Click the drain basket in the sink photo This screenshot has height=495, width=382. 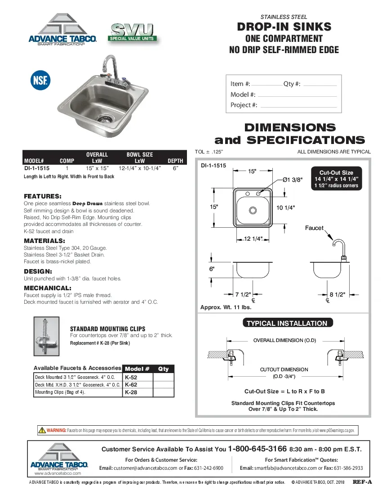(105, 118)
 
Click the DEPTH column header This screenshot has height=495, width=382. (175, 161)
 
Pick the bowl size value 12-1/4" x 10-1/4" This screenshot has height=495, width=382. (140, 168)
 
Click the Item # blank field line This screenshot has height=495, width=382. (267, 85)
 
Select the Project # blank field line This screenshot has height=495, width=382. (298, 107)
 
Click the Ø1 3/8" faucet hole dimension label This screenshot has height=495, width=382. (293, 180)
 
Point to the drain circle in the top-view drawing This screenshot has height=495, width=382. (253, 210)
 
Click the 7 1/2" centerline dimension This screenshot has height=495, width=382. (243, 295)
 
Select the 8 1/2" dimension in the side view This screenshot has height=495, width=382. (337, 295)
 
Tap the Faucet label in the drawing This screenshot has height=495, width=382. (314, 228)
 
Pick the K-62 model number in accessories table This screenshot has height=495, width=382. (131, 385)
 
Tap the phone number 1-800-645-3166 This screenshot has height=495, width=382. (258, 449)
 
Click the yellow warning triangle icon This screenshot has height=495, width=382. (42, 430)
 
